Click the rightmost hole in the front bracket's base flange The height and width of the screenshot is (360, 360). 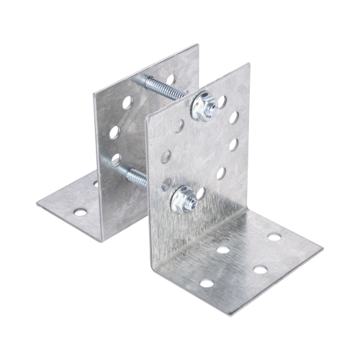(x=274, y=238)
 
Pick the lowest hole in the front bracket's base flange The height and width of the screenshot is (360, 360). (x=207, y=283)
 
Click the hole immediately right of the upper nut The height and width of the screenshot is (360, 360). (x=222, y=102)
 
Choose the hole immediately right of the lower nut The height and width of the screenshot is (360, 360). (x=200, y=193)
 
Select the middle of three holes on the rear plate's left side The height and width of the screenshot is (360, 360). (x=114, y=132)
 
